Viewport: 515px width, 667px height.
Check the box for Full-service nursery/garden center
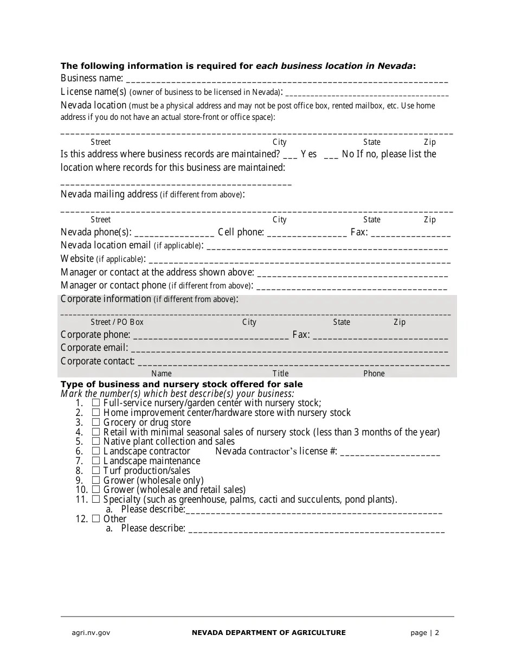[96, 403]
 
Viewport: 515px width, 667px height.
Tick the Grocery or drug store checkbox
[96, 422]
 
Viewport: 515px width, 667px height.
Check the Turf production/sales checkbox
[96, 471]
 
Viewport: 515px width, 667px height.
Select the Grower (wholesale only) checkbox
[96, 480]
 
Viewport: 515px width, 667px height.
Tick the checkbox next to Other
[96, 519]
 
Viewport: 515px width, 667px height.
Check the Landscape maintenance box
[96, 461]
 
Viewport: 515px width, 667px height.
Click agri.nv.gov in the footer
[91, 633]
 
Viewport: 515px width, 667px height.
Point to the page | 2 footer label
[425, 633]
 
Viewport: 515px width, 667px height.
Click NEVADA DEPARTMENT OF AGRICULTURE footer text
[268, 633]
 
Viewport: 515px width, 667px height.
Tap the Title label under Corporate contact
[280, 374]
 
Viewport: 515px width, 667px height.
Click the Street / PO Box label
[117, 322]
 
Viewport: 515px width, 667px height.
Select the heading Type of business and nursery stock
[182, 384]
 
